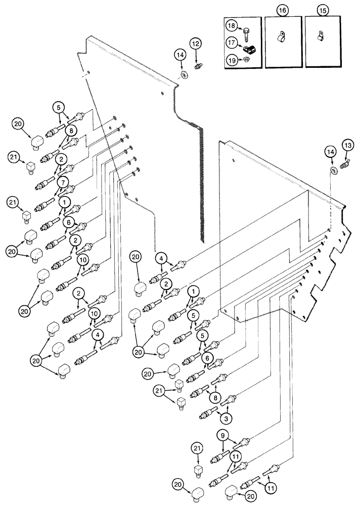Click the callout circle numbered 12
click(x=196, y=44)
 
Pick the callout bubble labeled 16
click(x=283, y=10)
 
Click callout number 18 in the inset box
click(x=231, y=25)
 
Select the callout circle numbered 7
click(x=62, y=181)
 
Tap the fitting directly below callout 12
click(x=199, y=65)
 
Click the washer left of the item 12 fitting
click(x=185, y=75)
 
